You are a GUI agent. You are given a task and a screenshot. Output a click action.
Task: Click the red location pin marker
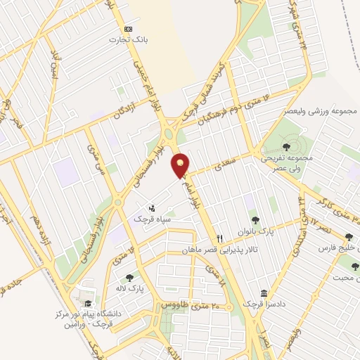181,165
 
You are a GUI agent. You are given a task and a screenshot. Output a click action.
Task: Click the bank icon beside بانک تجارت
127,29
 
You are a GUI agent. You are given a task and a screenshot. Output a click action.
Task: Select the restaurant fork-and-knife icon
220,238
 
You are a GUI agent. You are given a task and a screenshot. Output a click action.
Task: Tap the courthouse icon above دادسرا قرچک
264,292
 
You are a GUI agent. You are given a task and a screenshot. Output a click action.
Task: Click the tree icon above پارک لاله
128,277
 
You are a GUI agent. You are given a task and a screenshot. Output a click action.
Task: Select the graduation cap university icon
88,304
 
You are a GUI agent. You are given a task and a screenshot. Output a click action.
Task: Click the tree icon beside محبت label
354,266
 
